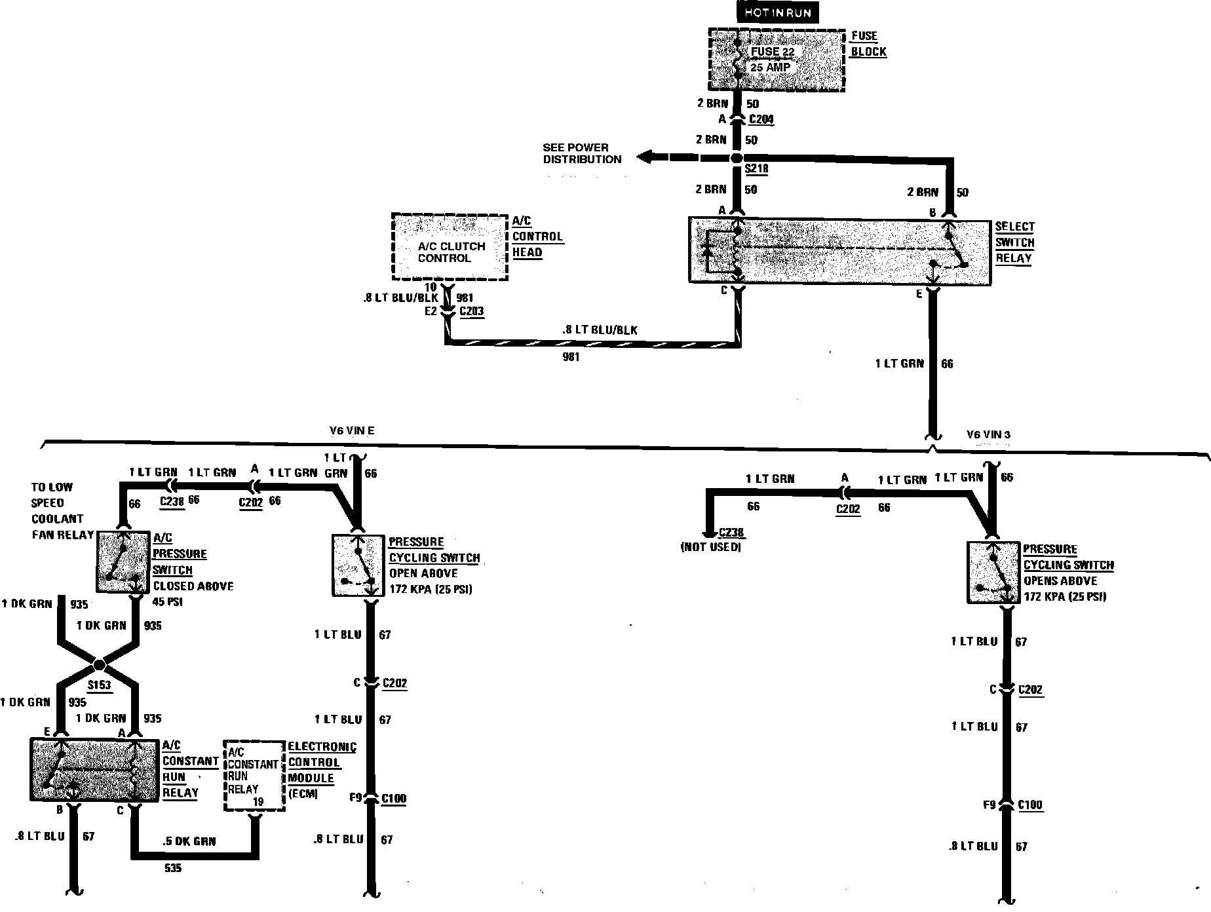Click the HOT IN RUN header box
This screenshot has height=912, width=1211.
coord(777,13)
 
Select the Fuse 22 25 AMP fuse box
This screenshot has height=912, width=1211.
coord(777,59)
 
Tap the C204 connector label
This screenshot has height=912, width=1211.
coord(761,119)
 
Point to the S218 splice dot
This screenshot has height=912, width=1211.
coord(737,158)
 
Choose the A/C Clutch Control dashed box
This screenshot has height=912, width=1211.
coord(450,247)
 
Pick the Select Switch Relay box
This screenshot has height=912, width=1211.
coord(839,252)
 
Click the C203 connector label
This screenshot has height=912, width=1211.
coord(472,311)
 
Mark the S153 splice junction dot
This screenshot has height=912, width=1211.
coord(99,665)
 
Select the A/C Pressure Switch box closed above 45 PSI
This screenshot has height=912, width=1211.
coord(123,562)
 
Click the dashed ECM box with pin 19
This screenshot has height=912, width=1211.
coord(254,776)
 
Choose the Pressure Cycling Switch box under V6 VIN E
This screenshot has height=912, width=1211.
coord(358,565)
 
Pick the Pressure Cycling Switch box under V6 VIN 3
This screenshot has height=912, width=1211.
coord(993,572)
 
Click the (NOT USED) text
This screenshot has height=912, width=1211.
coord(711,546)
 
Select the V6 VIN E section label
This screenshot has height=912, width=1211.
coord(351,430)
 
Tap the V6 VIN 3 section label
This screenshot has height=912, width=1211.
coord(988,434)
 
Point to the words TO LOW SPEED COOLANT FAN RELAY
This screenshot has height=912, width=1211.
coord(62,510)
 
